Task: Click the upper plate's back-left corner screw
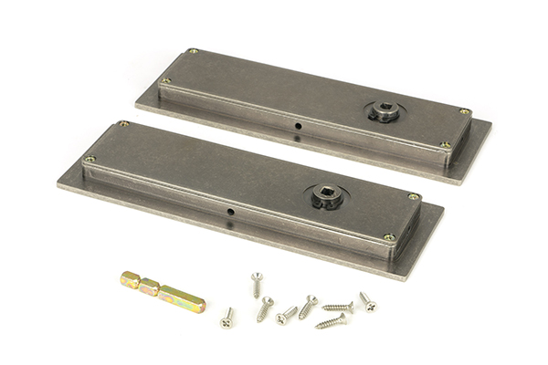tap(192, 52)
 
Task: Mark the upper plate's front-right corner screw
tap(445, 145)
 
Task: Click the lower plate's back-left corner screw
tap(123, 124)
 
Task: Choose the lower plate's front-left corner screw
tap(90, 160)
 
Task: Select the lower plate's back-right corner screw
tap(414, 197)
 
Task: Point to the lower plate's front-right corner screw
tap(389, 237)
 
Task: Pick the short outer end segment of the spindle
tap(130, 278)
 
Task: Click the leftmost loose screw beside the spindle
tap(227, 318)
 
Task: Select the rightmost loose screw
tap(367, 301)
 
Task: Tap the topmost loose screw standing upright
tap(257, 283)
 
